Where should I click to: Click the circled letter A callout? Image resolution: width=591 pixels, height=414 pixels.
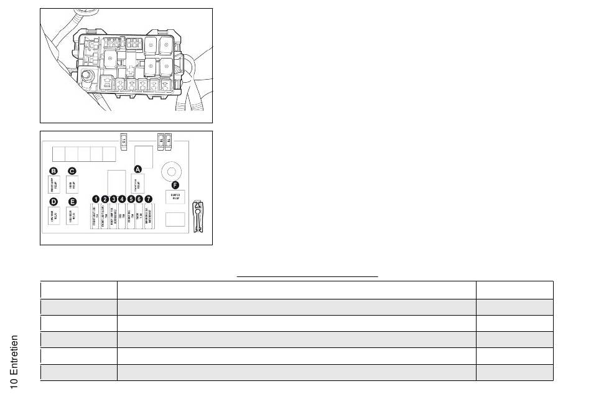coord(138,169)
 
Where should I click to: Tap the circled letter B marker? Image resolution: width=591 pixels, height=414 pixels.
coord(54,171)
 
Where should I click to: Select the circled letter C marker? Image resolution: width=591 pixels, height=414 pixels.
coord(72,171)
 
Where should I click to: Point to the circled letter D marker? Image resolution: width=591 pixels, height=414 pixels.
coord(54,201)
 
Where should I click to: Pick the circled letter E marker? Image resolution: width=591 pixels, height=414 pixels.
coord(72,201)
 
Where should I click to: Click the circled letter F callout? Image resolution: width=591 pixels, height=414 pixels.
coord(175,185)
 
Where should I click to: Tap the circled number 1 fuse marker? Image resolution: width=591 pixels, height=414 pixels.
coord(96,199)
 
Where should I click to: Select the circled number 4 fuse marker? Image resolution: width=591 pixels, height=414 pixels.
coord(122,199)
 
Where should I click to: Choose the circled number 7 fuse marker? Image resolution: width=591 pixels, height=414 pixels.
coord(148,199)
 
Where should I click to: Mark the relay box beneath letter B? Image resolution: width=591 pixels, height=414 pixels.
coord(54,185)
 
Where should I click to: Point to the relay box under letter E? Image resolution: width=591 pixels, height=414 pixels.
coord(72,216)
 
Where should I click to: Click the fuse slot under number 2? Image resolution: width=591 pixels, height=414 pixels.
coord(105,217)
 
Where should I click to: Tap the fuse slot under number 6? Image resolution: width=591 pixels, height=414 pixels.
coord(139,217)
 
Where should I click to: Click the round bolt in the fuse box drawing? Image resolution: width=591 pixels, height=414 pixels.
coord(88,77)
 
